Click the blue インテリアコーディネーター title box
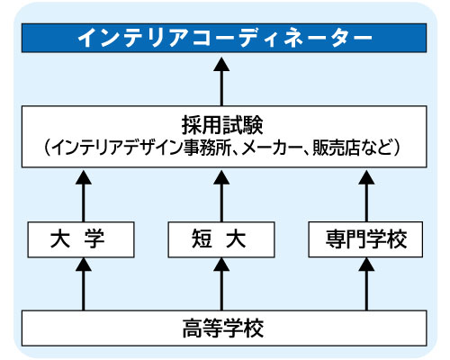tap(224, 38)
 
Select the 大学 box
tap(81, 239)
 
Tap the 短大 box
tap(221, 239)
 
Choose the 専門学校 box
tap(365, 239)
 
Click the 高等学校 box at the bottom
tap(224, 328)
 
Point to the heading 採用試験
tap(222, 125)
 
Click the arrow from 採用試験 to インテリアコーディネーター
tap(221, 81)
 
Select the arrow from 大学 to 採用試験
tap(84, 196)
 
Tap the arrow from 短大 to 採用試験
tap(221, 196)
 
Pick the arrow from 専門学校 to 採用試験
tap(366, 196)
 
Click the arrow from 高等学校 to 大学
tap(84, 284)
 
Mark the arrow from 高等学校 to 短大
tap(221, 284)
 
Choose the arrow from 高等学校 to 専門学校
tap(366, 284)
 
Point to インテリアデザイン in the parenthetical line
tap(118, 148)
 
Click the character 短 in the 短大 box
tap(202, 239)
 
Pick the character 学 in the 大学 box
tap(94, 239)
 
